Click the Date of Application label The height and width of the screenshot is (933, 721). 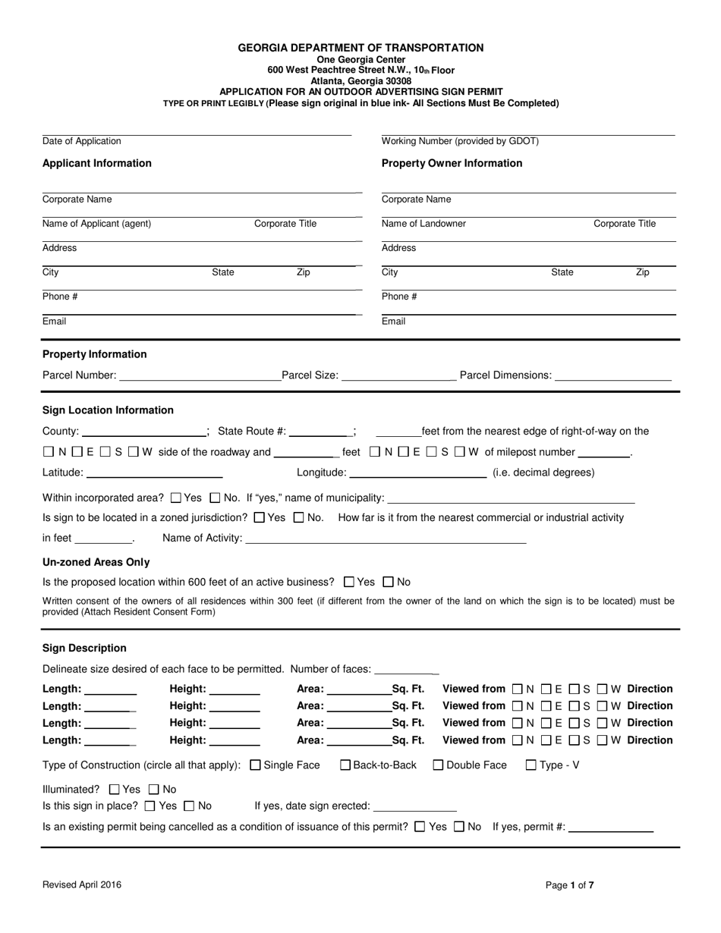click(x=82, y=141)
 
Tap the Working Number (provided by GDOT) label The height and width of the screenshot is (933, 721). click(x=460, y=141)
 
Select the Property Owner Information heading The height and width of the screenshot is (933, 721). click(x=452, y=163)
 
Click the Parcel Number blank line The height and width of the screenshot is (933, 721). click(x=200, y=376)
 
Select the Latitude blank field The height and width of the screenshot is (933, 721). click(x=155, y=473)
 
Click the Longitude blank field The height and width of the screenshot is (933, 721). click(x=417, y=473)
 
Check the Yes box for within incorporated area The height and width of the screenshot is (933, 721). click(x=176, y=498)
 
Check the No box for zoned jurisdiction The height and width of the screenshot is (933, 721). click(x=298, y=518)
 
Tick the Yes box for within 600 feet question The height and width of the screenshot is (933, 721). click(x=349, y=583)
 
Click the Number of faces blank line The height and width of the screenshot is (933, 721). click(x=407, y=670)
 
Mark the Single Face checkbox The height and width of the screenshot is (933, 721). click(x=255, y=765)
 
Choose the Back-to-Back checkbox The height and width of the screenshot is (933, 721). click(x=345, y=765)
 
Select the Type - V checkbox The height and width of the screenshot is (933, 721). click(x=531, y=765)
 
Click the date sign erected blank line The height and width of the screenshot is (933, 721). click(x=415, y=807)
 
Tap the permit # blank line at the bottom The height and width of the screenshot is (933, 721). click(x=611, y=828)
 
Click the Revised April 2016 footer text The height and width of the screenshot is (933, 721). click(x=82, y=884)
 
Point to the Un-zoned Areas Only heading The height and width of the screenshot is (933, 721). click(x=96, y=562)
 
